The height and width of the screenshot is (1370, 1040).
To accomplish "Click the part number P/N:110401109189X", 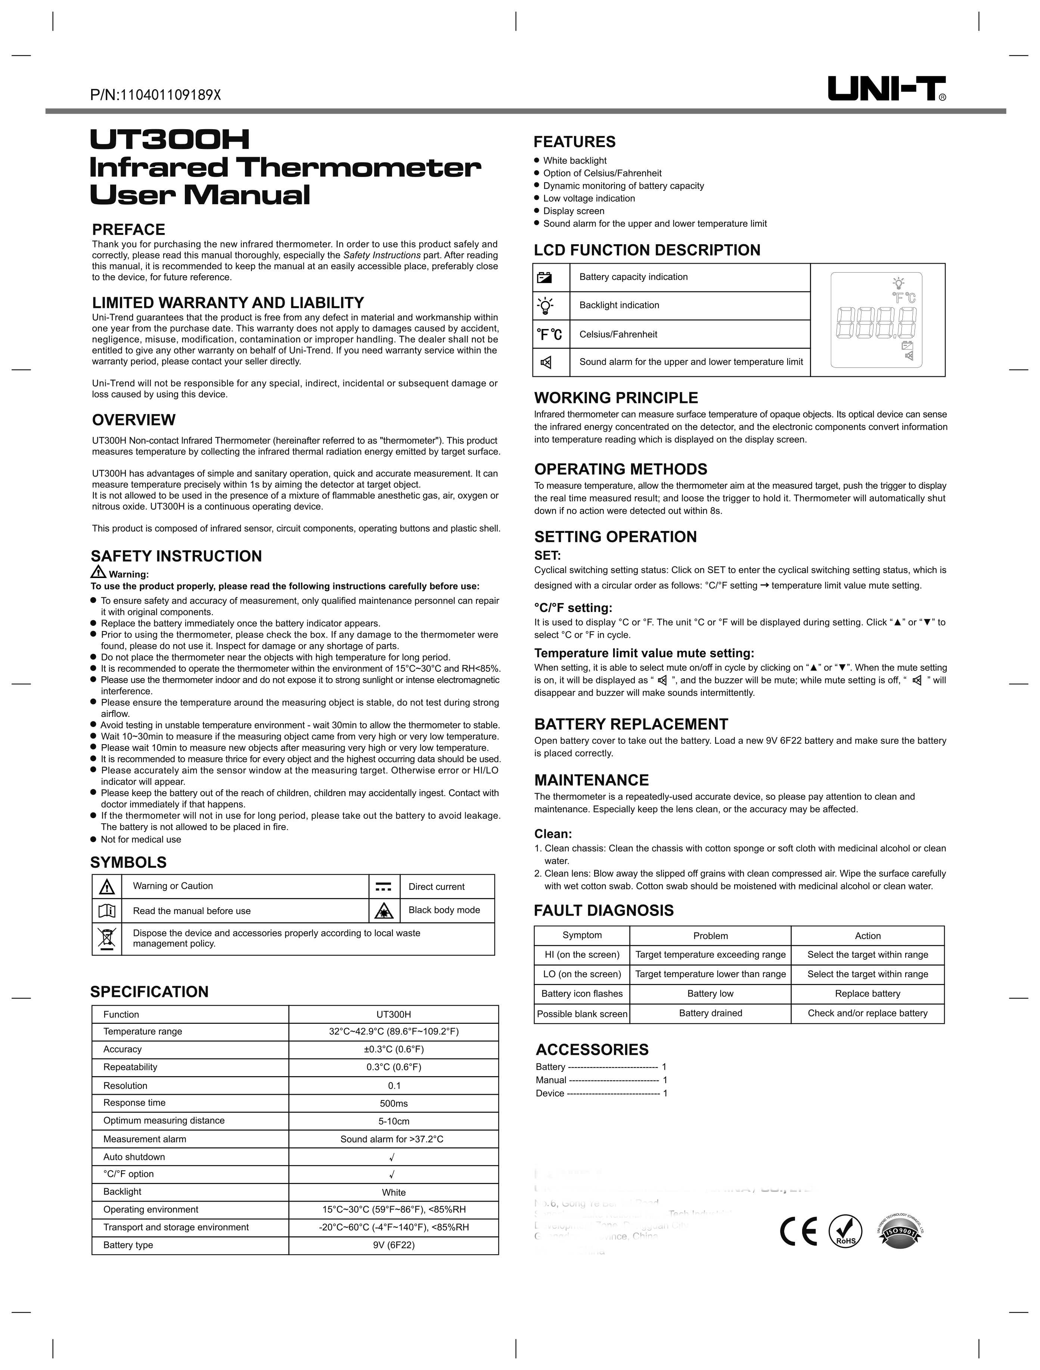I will click(155, 95).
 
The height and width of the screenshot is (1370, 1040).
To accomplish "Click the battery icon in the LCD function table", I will click(544, 277).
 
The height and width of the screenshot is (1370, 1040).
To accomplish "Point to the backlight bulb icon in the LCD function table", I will click(544, 305).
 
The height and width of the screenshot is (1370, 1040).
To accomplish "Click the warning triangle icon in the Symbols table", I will click(106, 887).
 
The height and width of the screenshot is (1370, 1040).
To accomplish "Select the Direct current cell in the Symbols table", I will click(436, 887).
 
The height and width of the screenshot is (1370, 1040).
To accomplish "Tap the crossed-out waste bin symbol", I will click(106, 939).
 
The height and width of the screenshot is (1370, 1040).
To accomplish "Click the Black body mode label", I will click(444, 910).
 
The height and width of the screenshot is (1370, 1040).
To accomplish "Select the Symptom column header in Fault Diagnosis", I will click(582, 935).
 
